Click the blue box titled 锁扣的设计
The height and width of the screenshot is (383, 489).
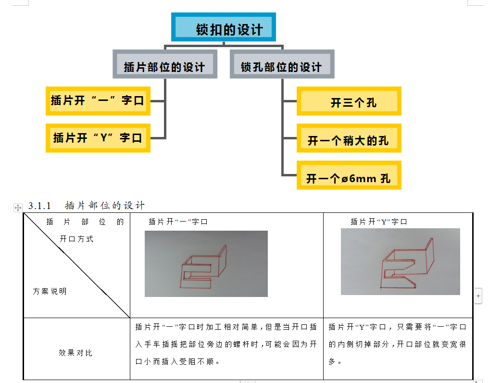click(224, 27)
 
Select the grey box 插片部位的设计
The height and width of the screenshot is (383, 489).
click(165, 64)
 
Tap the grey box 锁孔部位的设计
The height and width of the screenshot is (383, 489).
click(282, 64)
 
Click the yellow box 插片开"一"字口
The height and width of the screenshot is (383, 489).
click(98, 101)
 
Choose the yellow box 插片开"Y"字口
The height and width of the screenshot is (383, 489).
click(98, 138)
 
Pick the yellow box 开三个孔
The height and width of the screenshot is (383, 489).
click(349, 101)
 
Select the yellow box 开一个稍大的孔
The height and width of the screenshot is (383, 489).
click(349, 138)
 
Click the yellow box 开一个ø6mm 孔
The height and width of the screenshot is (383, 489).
click(349, 176)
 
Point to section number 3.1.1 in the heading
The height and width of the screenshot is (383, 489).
click(40, 206)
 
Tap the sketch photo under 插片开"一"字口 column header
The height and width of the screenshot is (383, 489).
click(206, 263)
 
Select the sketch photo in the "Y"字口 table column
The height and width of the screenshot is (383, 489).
click(400, 261)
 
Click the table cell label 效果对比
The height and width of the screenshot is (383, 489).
click(75, 353)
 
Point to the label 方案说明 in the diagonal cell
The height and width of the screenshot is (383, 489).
click(50, 291)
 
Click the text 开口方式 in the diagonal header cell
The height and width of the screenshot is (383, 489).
click(76, 239)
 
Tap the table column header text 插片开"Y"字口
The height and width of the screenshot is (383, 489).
click(379, 222)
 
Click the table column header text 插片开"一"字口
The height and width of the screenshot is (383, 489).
click(178, 222)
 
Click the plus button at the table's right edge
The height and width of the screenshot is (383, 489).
click(478, 296)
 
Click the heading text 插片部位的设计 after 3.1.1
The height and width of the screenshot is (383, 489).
click(104, 206)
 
